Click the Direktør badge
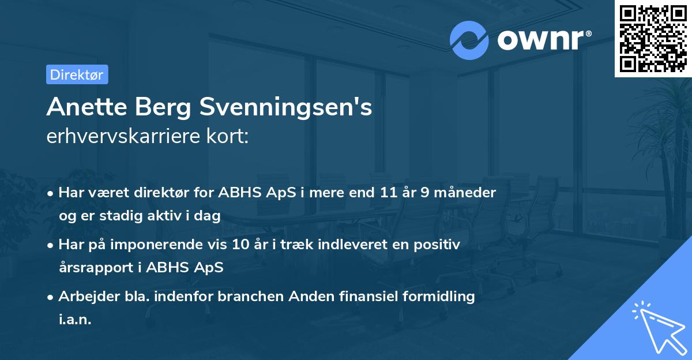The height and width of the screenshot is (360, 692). pos(77,74)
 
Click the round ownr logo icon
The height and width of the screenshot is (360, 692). pos(469,40)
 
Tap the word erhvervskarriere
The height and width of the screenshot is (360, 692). pos(130,137)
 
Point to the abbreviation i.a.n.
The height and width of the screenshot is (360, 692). pos(75,320)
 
